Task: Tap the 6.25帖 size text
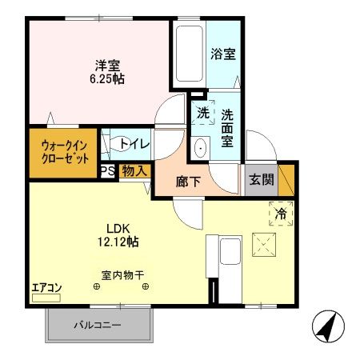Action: (106, 79)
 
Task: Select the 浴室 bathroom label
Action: (222, 55)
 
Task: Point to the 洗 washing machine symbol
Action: (203, 114)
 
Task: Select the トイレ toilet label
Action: (133, 143)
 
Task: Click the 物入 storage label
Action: (134, 170)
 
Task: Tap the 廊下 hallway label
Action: (189, 181)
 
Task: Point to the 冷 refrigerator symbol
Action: (281, 214)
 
